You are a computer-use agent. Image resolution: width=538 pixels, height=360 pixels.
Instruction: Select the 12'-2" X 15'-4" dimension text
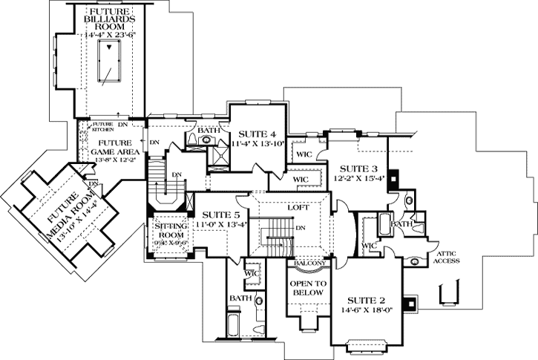click(x=359, y=179)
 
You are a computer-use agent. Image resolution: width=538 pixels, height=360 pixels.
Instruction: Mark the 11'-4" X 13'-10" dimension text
click(x=256, y=144)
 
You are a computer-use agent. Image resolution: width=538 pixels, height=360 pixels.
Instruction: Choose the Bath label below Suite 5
click(x=240, y=298)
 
